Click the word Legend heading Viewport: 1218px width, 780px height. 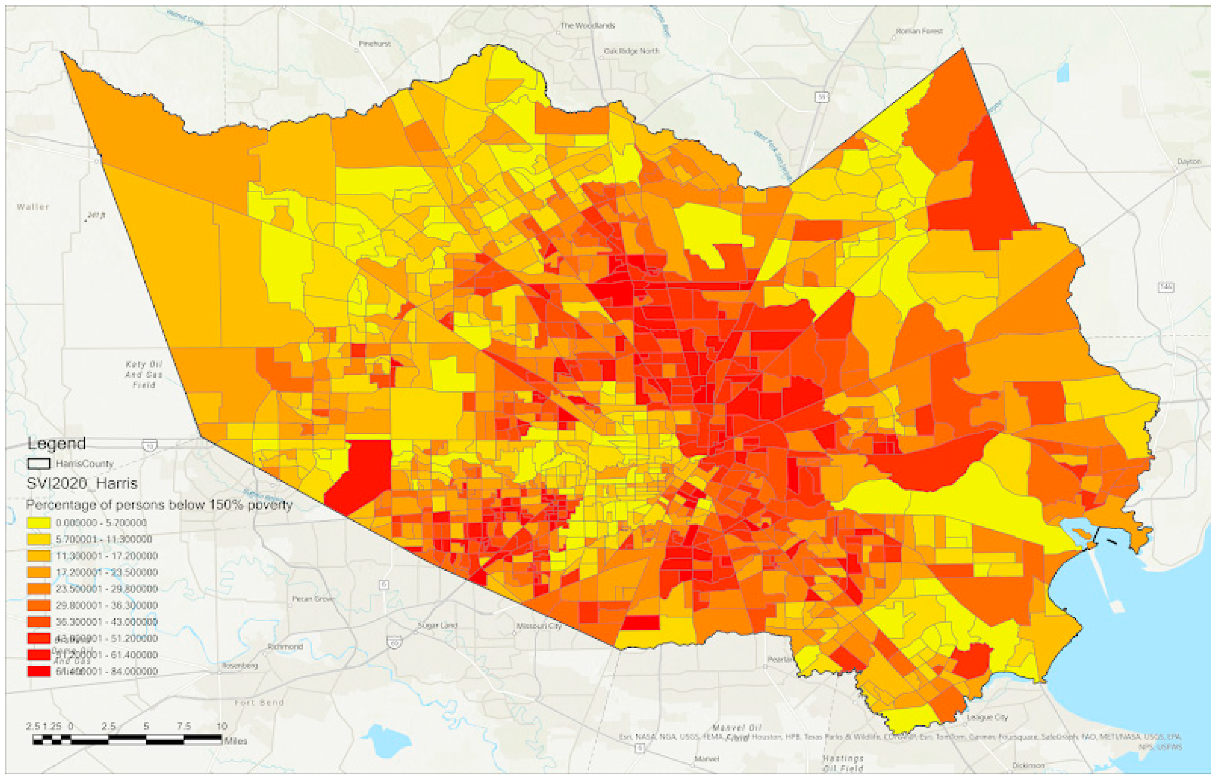click(x=56, y=444)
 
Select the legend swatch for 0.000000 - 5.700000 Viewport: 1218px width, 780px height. click(x=38, y=523)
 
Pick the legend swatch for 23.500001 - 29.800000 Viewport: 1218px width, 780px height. click(x=38, y=588)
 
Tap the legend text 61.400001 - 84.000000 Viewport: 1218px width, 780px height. click(x=107, y=671)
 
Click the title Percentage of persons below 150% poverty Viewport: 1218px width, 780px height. click(x=159, y=505)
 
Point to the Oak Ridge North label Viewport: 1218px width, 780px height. click(x=631, y=51)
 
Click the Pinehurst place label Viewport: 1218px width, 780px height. click(x=374, y=44)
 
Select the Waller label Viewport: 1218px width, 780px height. click(x=33, y=207)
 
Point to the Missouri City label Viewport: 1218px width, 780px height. click(x=539, y=626)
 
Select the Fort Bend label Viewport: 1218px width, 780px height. click(x=259, y=702)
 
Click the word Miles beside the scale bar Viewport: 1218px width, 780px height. click(x=235, y=741)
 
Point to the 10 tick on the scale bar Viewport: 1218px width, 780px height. click(x=221, y=726)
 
